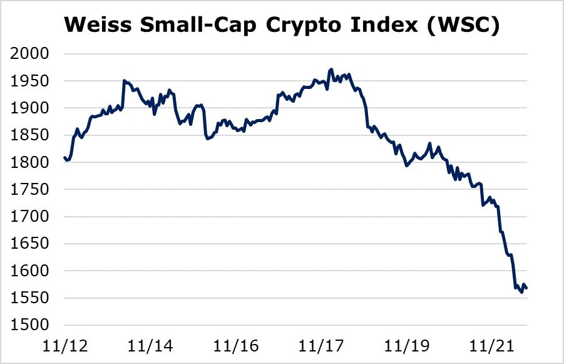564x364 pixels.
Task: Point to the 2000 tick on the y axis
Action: pos(29,54)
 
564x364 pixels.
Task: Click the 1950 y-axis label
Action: pos(29,81)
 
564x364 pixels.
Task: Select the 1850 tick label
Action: pos(29,135)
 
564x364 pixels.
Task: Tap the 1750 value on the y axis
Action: pos(29,190)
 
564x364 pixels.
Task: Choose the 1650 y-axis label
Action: pos(29,244)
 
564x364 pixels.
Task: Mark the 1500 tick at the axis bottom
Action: pos(29,325)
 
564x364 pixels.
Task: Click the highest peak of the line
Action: pos(331,70)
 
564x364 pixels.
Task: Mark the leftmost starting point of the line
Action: pos(64,157)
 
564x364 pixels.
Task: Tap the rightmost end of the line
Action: pos(527,288)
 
